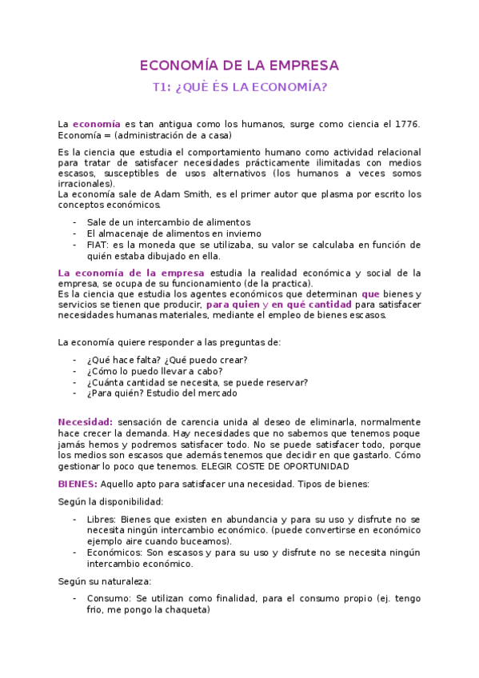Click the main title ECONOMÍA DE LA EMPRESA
pos(239,66)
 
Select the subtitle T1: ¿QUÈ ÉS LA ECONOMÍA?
pos(239,87)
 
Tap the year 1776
pos(407,124)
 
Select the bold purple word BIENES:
pos(78,484)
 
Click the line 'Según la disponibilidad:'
pos(110,502)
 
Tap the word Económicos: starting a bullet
pos(114,552)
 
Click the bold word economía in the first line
pos(96,124)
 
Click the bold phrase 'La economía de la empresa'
pos(126,273)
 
